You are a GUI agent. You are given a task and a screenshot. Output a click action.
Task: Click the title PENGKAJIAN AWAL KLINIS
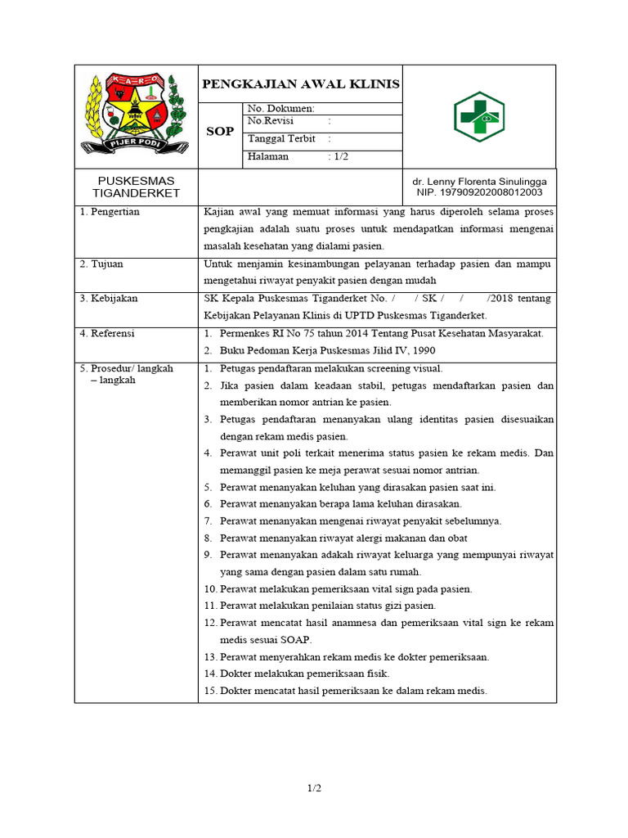301,84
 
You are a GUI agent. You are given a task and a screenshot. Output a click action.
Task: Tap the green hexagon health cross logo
478,116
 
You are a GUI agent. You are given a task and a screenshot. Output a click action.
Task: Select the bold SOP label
220,132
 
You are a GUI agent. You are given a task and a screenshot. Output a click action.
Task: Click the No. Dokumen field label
280,108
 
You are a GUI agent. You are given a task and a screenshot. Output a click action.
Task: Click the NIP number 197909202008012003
480,193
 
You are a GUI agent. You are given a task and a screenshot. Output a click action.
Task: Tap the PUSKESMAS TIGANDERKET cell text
136,187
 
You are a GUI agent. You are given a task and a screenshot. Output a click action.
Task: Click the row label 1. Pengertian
110,212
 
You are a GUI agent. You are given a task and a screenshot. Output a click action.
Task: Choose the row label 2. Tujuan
101,264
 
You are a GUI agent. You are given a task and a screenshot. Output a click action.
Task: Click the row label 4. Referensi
107,334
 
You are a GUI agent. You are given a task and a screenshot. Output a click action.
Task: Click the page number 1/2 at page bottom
314,789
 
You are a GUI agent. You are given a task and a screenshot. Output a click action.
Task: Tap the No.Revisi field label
273,121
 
